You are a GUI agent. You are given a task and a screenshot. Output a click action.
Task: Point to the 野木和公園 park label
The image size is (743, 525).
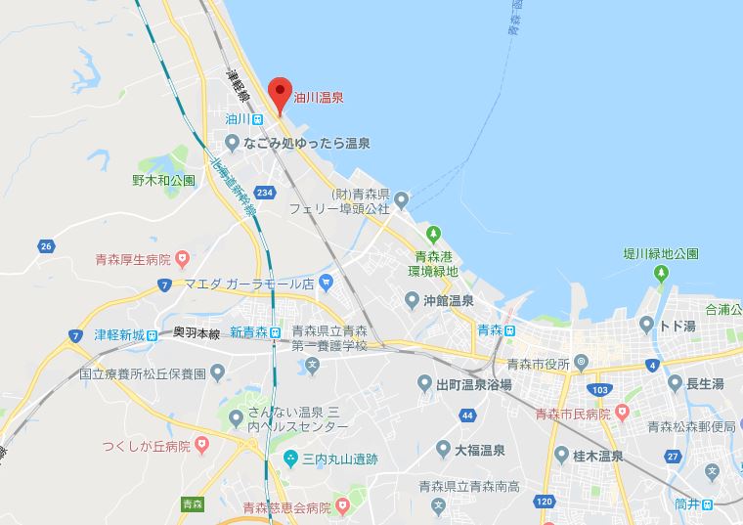[x=163, y=180]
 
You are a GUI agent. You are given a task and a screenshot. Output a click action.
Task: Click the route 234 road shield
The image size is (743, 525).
[x=263, y=192]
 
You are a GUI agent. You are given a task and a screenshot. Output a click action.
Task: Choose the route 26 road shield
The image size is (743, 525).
[x=45, y=245]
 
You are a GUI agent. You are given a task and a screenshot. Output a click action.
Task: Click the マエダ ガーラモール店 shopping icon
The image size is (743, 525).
[x=327, y=283]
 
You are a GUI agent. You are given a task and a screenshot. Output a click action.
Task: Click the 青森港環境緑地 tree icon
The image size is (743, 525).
[x=433, y=234]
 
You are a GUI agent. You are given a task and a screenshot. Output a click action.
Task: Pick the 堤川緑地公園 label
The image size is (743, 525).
[x=661, y=253]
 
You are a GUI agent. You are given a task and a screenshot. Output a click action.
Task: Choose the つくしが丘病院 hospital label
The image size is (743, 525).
[x=147, y=446]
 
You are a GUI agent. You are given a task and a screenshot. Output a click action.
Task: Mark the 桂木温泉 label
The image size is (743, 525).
[x=595, y=454]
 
